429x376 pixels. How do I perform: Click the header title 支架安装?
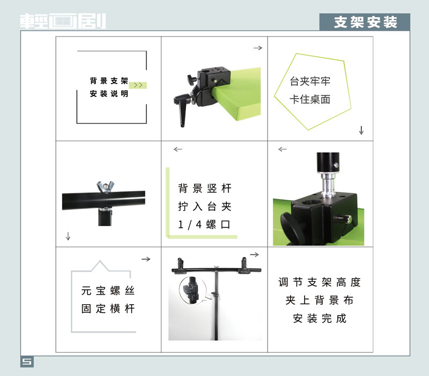point(365,22)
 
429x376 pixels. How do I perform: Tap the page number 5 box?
point(27,362)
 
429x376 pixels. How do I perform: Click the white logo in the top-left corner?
point(63,21)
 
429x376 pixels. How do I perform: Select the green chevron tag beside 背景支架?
point(138,85)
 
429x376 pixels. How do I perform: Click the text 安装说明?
point(109,94)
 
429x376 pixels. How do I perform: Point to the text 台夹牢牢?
point(310,81)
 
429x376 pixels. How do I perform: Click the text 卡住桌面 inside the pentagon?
point(310,100)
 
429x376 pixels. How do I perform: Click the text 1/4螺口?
point(204,224)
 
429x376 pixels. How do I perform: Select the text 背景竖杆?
point(205,189)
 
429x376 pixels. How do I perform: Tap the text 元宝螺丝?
point(108,291)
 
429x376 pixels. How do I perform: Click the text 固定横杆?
point(108,309)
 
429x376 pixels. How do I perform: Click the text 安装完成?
point(320,318)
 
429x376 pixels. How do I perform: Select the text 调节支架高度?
point(320,282)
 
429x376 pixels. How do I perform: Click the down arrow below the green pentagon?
point(361,130)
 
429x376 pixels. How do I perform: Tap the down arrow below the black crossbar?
point(68,236)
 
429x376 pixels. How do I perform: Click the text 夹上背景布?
point(320,300)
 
